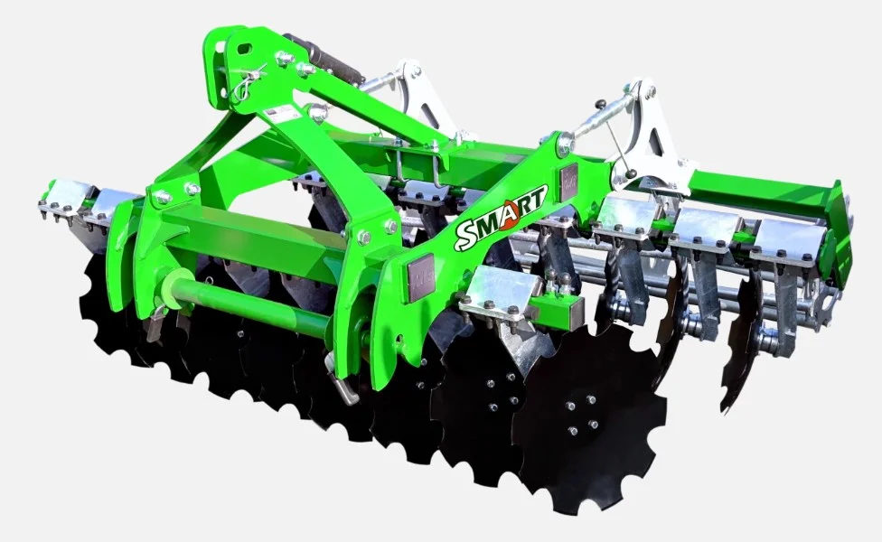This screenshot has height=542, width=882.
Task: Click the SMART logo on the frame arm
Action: [x=501, y=217]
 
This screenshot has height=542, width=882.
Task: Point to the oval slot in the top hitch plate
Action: [x=245, y=49]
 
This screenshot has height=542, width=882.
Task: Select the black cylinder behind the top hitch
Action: [x=324, y=59]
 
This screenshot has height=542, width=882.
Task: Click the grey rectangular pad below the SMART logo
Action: [x=421, y=277]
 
